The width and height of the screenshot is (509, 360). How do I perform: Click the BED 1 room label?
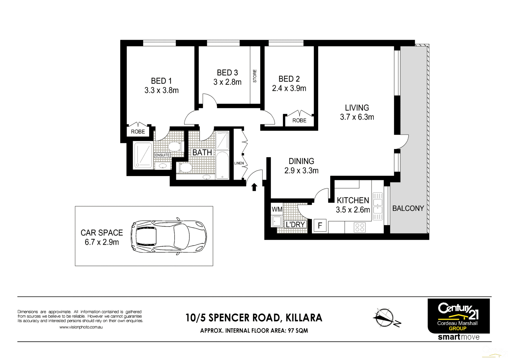tap(161, 81)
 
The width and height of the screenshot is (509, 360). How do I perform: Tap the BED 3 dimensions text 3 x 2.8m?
tap(227, 82)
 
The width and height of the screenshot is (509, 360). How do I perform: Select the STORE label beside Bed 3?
tap(255, 76)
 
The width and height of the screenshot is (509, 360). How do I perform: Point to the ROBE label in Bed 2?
tap(299, 120)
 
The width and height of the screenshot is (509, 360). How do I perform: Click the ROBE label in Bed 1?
tap(138, 132)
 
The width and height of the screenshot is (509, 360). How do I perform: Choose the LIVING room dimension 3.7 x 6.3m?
tap(357, 117)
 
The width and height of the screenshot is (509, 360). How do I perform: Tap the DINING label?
tap(301, 161)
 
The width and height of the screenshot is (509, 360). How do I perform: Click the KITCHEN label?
tap(353, 200)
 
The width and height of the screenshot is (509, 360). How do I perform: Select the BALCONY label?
tap(408, 208)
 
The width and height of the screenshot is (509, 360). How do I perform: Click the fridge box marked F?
tap(320, 226)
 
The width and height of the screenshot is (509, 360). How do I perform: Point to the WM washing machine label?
tap(277, 209)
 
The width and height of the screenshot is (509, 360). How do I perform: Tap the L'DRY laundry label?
tap(295, 225)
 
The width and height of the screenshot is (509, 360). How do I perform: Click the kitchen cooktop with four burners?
tap(360, 228)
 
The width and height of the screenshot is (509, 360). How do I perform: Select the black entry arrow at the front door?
tap(254, 187)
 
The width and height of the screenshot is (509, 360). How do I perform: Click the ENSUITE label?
tap(162, 155)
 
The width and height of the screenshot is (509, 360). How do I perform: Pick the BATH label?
tap(202, 152)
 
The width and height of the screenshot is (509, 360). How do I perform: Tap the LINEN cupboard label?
tap(239, 163)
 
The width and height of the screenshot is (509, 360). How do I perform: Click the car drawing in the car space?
tap(168, 237)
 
